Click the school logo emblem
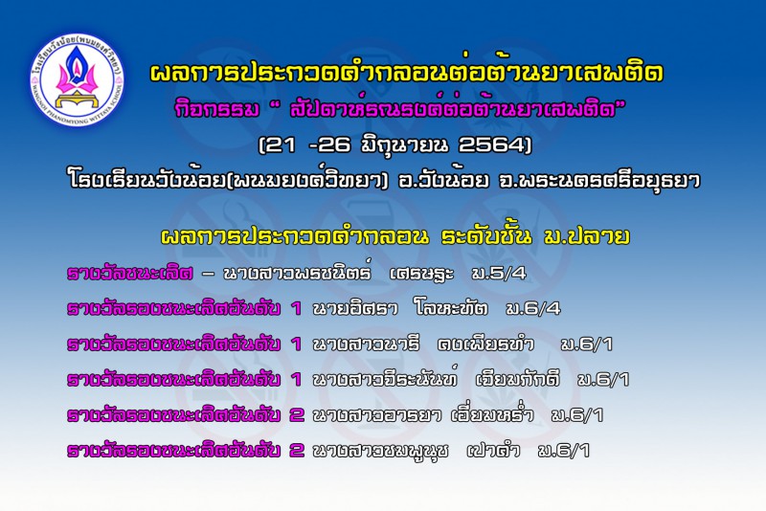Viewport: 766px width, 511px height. (x=77, y=80)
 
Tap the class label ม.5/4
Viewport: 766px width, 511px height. (x=499, y=274)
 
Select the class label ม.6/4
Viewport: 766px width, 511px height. (x=533, y=308)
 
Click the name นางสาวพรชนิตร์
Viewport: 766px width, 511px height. (x=297, y=272)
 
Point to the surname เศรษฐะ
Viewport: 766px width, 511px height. (x=422, y=274)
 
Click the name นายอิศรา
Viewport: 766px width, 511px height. (x=355, y=308)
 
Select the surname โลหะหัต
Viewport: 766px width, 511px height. (x=450, y=307)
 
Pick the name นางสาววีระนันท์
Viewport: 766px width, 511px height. (x=385, y=378)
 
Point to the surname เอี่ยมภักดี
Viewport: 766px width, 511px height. (x=518, y=378)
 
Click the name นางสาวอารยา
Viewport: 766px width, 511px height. (x=377, y=415)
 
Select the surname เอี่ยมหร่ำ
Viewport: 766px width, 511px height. (x=492, y=413)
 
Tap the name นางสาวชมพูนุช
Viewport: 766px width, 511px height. (x=380, y=451)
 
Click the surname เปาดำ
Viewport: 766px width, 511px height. (x=493, y=450)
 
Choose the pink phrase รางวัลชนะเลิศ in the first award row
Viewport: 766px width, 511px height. (x=130, y=273)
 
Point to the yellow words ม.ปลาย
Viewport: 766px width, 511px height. (x=586, y=236)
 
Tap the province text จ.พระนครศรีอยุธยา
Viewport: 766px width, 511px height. (x=600, y=180)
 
